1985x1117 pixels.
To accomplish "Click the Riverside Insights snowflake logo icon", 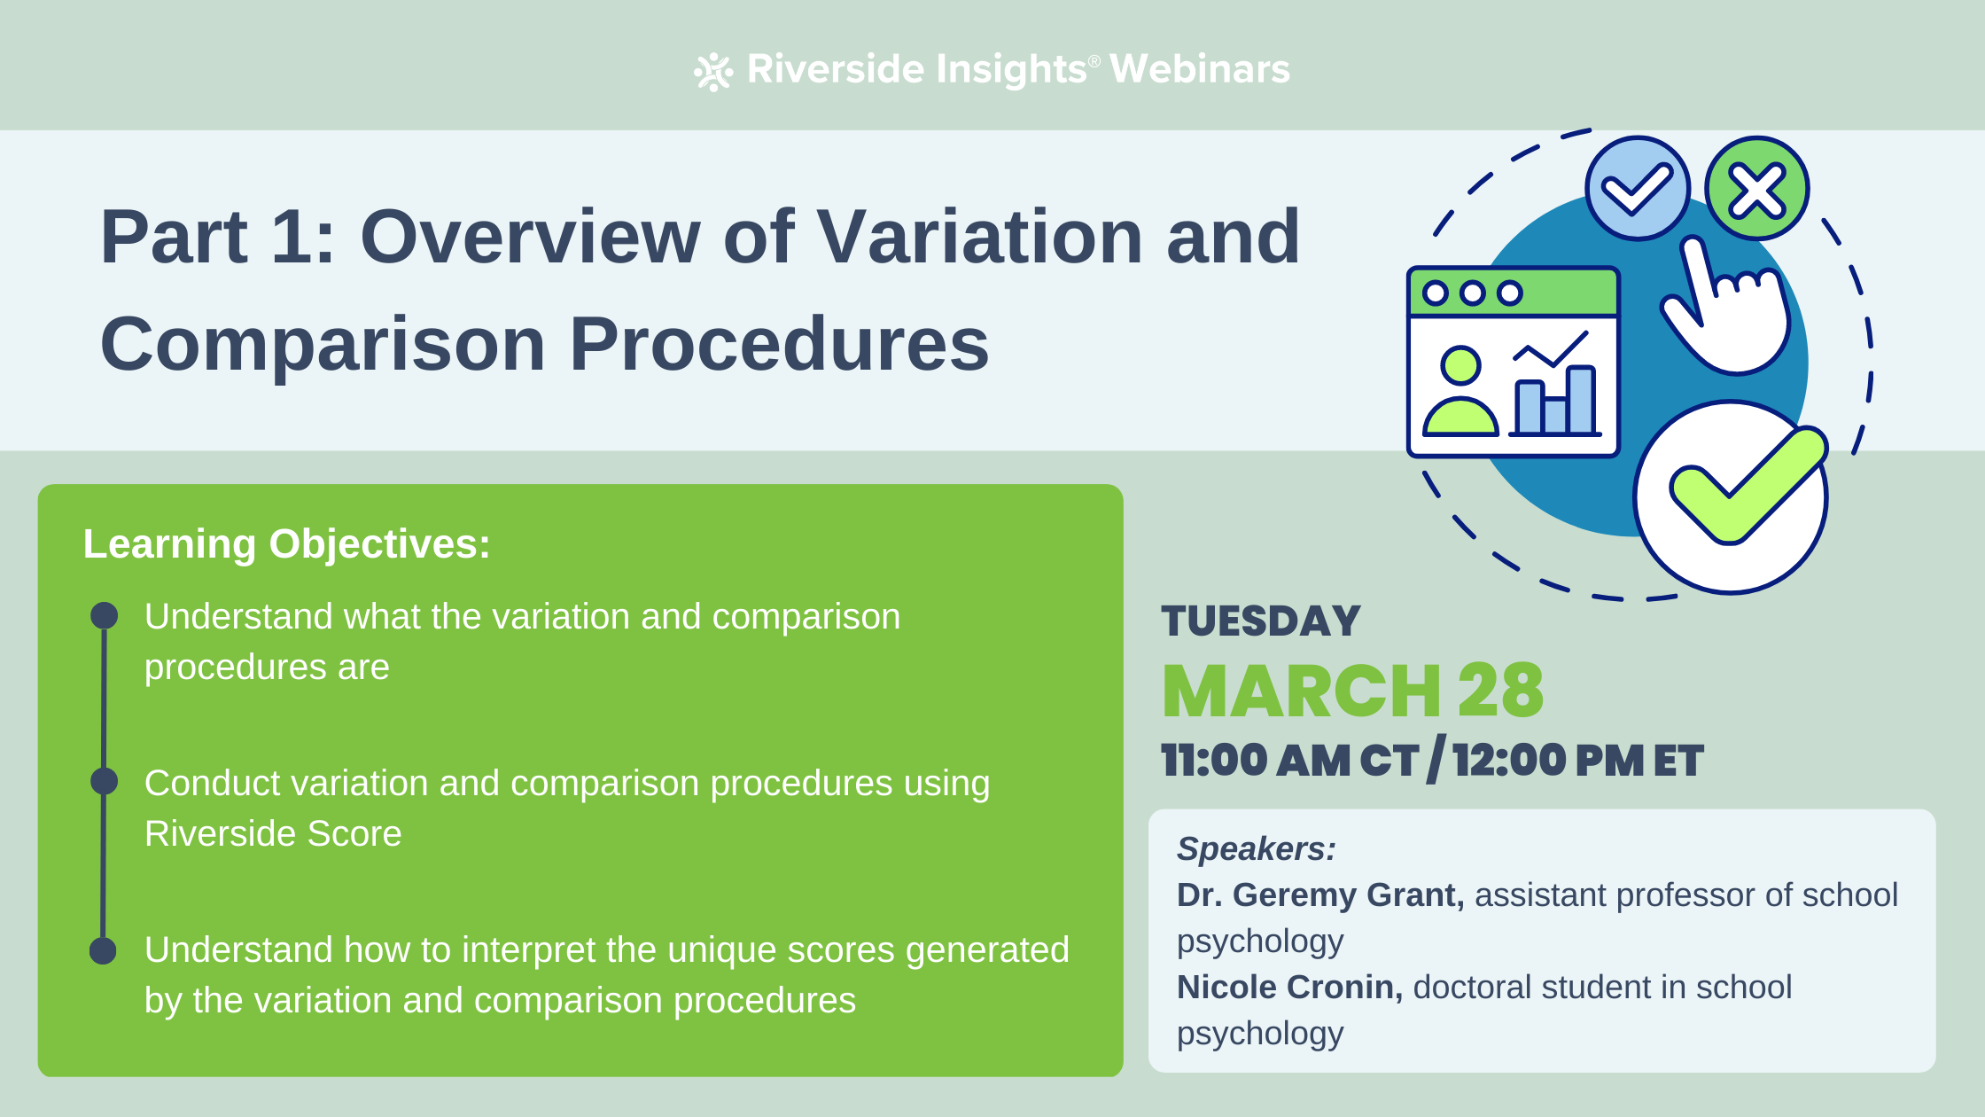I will pyautogui.click(x=713, y=72).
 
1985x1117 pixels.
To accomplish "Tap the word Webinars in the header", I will pyautogui.click(x=1199, y=69).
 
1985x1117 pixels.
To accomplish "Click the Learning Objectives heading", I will pyautogui.click(x=286, y=543).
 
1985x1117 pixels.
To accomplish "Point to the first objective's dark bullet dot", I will pyautogui.click(x=105, y=615).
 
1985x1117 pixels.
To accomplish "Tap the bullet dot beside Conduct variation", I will pyautogui.click(x=105, y=781).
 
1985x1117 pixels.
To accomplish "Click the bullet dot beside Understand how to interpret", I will pyautogui.click(x=104, y=950).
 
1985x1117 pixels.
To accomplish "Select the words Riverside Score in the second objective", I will pyautogui.click(x=273, y=833).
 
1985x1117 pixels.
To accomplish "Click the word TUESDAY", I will pyautogui.click(x=1260, y=621).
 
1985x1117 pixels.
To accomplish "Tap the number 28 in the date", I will pyautogui.click(x=1500, y=691).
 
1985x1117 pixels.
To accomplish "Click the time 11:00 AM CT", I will pyautogui.click(x=1289, y=761).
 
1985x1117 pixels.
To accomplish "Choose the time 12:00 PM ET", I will pyautogui.click(x=1577, y=761).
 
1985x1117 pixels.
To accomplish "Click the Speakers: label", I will pyautogui.click(x=1256, y=848).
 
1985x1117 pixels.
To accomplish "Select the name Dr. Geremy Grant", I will pyautogui.click(x=1319, y=894).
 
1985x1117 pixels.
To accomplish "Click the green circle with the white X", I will pyautogui.click(x=1756, y=189).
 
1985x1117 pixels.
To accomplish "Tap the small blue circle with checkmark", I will pyautogui.click(x=1637, y=189).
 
